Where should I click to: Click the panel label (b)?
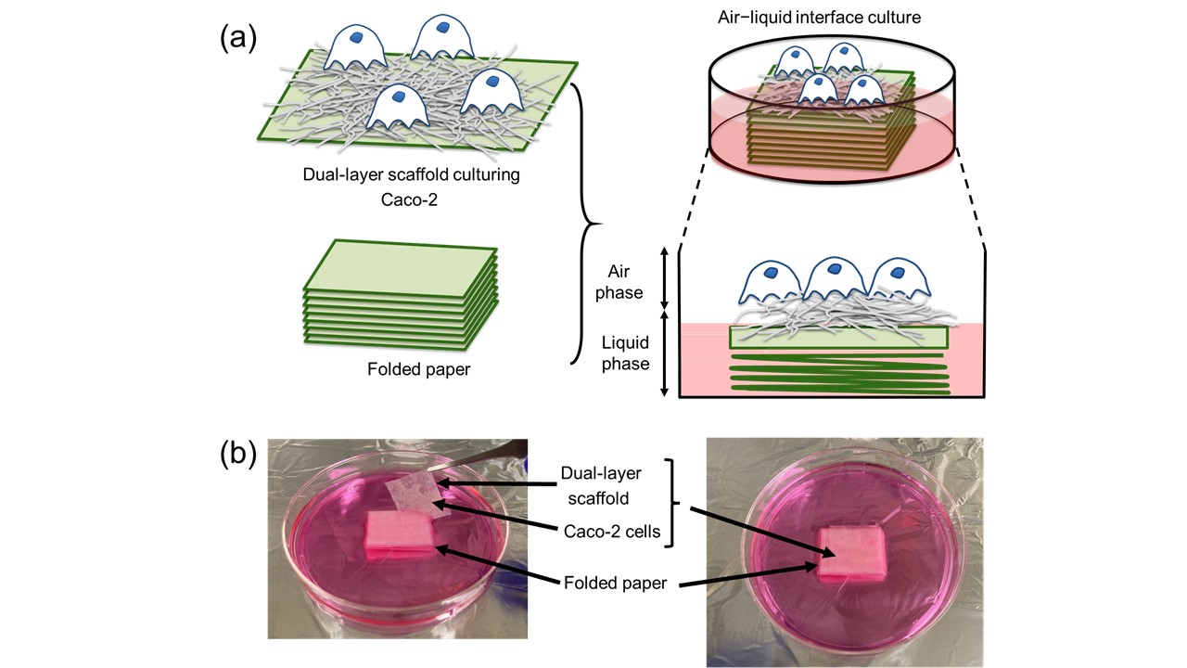[x=238, y=457]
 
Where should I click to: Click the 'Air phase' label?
[x=623, y=281]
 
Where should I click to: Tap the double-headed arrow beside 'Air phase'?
[x=663, y=279]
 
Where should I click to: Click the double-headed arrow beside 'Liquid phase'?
[x=663, y=355]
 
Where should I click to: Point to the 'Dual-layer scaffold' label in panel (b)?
[x=614, y=485]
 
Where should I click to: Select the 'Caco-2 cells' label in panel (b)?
[x=613, y=533]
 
